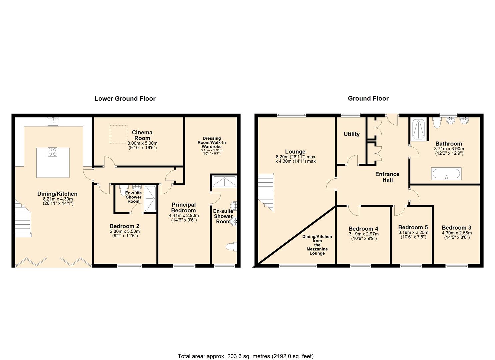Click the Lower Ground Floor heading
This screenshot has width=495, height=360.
click(x=125, y=99)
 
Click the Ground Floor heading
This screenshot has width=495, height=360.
click(x=368, y=99)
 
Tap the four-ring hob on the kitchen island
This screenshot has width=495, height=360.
click(x=53, y=152)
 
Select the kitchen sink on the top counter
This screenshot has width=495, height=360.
click(x=53, y=121)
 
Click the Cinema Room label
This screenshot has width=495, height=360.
click(x=142, y=135)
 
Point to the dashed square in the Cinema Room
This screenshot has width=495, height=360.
click(x=119, y=134)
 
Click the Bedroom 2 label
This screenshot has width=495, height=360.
click(x=124, y=226)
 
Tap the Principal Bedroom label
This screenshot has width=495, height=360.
click(x=183, y=207)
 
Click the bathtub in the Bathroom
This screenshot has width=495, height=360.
click(x=446, y=174)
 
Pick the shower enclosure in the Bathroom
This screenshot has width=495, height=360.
click(x=418, y=129)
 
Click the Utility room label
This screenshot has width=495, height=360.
click(x=351, y=134)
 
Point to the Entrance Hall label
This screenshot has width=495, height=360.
click(x=387, y=177)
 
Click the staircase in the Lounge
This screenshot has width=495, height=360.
click(x=266, y=192)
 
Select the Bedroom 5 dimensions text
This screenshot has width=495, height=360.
click(x=413, y=235)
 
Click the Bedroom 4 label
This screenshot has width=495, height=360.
click(x=363, y=229)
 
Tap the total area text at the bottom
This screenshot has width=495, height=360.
click(x=245, y=356)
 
